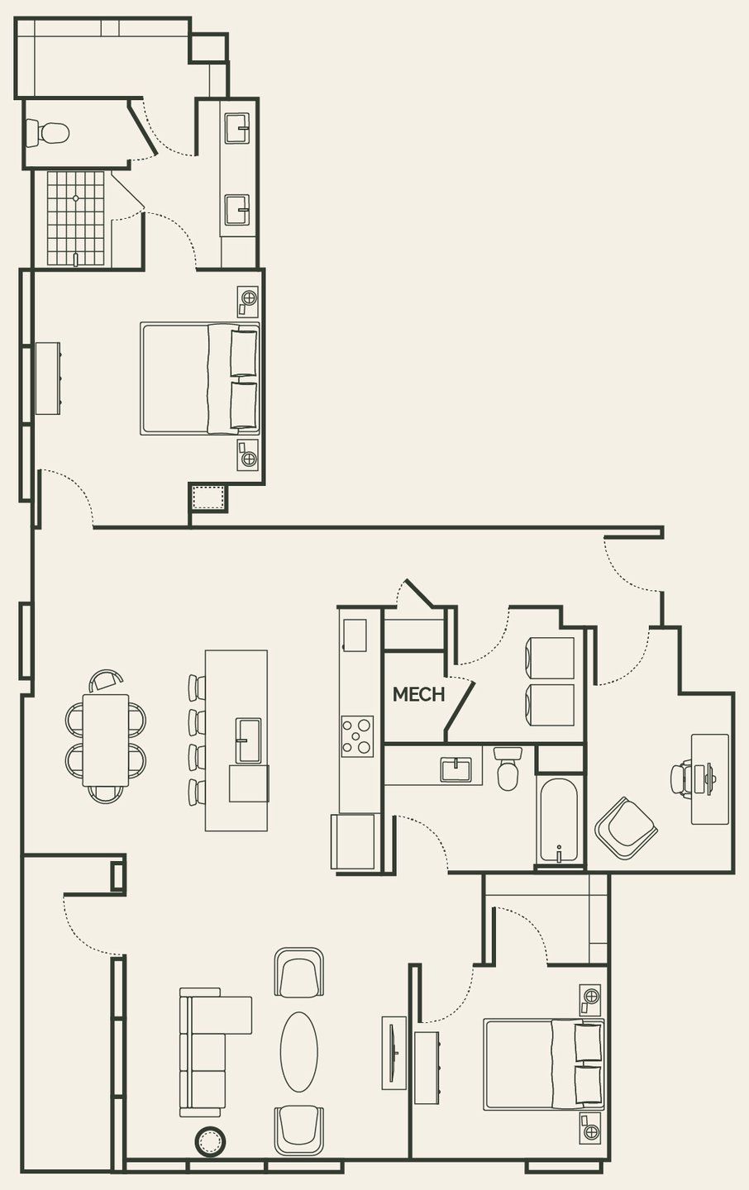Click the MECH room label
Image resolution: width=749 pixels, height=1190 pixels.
(x=418, y=694)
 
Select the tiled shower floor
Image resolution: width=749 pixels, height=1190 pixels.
(x=76, y=218)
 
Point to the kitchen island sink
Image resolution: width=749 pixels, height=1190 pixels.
(x=248, y=740)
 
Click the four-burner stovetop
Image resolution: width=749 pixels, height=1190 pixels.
(x=357, y=735)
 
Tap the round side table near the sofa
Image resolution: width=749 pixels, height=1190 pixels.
(x=210, y=1142)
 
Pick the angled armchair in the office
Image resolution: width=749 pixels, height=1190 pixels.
(x=626, y=827)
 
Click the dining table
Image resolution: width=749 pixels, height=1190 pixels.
(x=106, y=740)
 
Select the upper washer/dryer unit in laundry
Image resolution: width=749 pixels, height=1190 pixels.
(x=550, y=658)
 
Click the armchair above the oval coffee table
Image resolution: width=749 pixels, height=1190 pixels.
(x=298, y=973)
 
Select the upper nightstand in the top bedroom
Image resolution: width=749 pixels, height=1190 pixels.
(x=247, y=301)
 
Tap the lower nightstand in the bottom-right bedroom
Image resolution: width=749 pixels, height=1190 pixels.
(x=590, y=1127)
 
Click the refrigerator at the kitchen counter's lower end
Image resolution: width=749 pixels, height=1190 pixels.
(x=353, y=841)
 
